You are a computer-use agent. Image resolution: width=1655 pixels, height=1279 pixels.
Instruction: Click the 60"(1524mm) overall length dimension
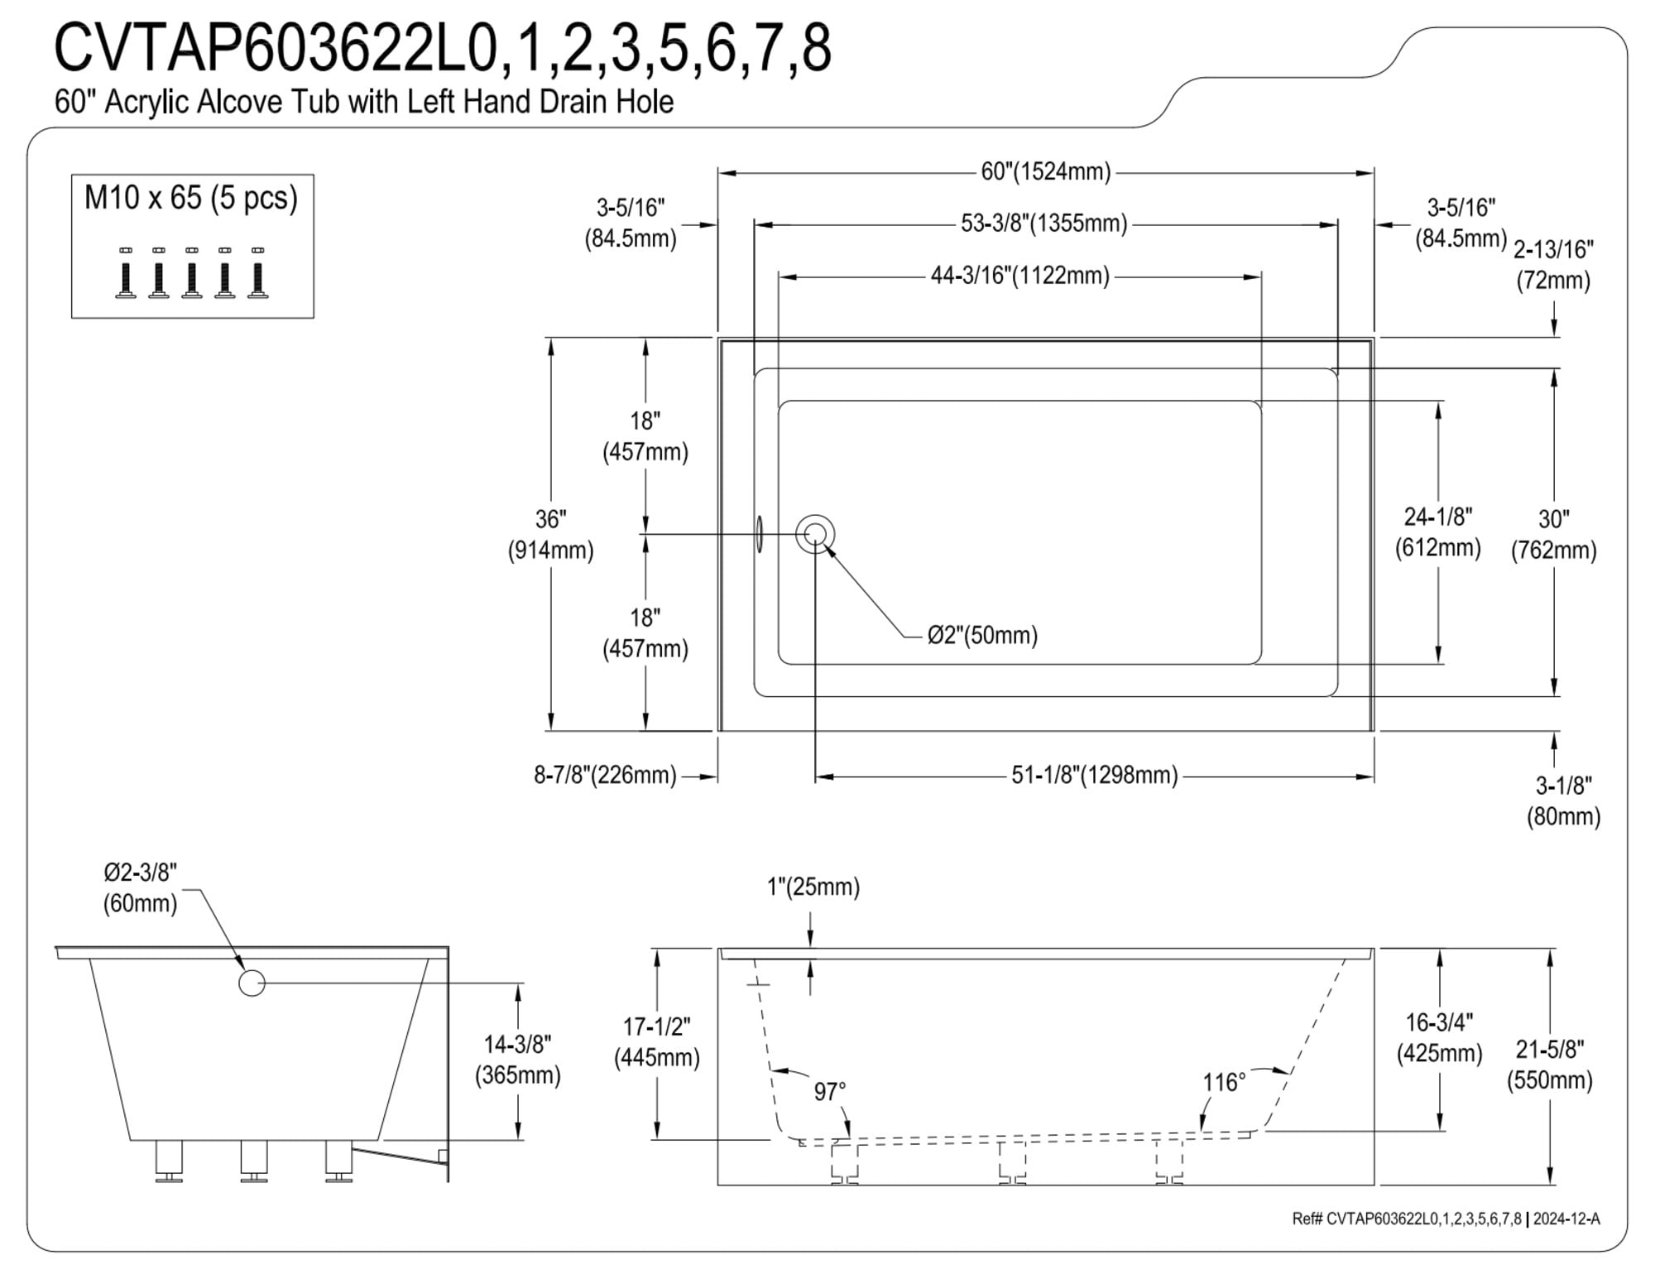(x=1046, y=171)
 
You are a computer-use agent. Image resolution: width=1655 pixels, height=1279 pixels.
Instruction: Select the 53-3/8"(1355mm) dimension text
(x=1044, y=224)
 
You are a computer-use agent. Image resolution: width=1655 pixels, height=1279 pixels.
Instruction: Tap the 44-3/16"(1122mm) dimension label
(x=1019, y=276)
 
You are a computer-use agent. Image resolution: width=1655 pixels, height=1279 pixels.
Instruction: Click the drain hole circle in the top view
(x=815, y=534)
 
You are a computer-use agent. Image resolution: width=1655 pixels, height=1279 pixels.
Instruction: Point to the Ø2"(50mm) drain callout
(x=982, y=635)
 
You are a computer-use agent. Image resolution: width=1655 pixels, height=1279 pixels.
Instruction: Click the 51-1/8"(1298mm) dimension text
(x=1094, y=776)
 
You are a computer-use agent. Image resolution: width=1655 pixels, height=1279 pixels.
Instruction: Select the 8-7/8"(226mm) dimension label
(x=605, y=776)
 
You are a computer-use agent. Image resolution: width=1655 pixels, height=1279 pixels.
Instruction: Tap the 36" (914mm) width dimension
(x=550, y=535)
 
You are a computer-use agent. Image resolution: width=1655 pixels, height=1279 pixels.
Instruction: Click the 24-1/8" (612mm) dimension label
(x=1438, y=532)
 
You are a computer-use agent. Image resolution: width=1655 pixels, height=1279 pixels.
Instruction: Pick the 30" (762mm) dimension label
(x=1553, y=535)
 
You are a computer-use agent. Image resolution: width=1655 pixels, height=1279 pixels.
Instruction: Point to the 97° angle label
(x=830, y=1092)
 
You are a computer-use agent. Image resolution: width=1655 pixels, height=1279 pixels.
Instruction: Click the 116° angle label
(x=1224, y=1082)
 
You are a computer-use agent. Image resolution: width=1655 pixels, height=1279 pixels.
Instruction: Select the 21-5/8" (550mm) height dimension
(x=1549, y=1065)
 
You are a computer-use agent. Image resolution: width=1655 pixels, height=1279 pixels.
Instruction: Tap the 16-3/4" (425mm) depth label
(x=1439, y=1038)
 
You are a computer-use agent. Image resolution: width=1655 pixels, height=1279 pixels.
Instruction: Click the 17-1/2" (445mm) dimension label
(x=656, y=1042)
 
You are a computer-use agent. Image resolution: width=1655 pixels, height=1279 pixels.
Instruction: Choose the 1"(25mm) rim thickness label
(x=813, y=887)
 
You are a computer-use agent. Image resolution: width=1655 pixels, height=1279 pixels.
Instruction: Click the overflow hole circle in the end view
(x=252, y=983)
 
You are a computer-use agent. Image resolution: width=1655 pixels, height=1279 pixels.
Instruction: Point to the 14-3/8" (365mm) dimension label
(x=518, y=1060)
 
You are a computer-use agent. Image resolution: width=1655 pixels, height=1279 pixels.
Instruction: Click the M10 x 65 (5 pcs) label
(x=191, y=198)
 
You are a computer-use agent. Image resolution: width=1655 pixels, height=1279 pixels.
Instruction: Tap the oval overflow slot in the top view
(x=759, y=534)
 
